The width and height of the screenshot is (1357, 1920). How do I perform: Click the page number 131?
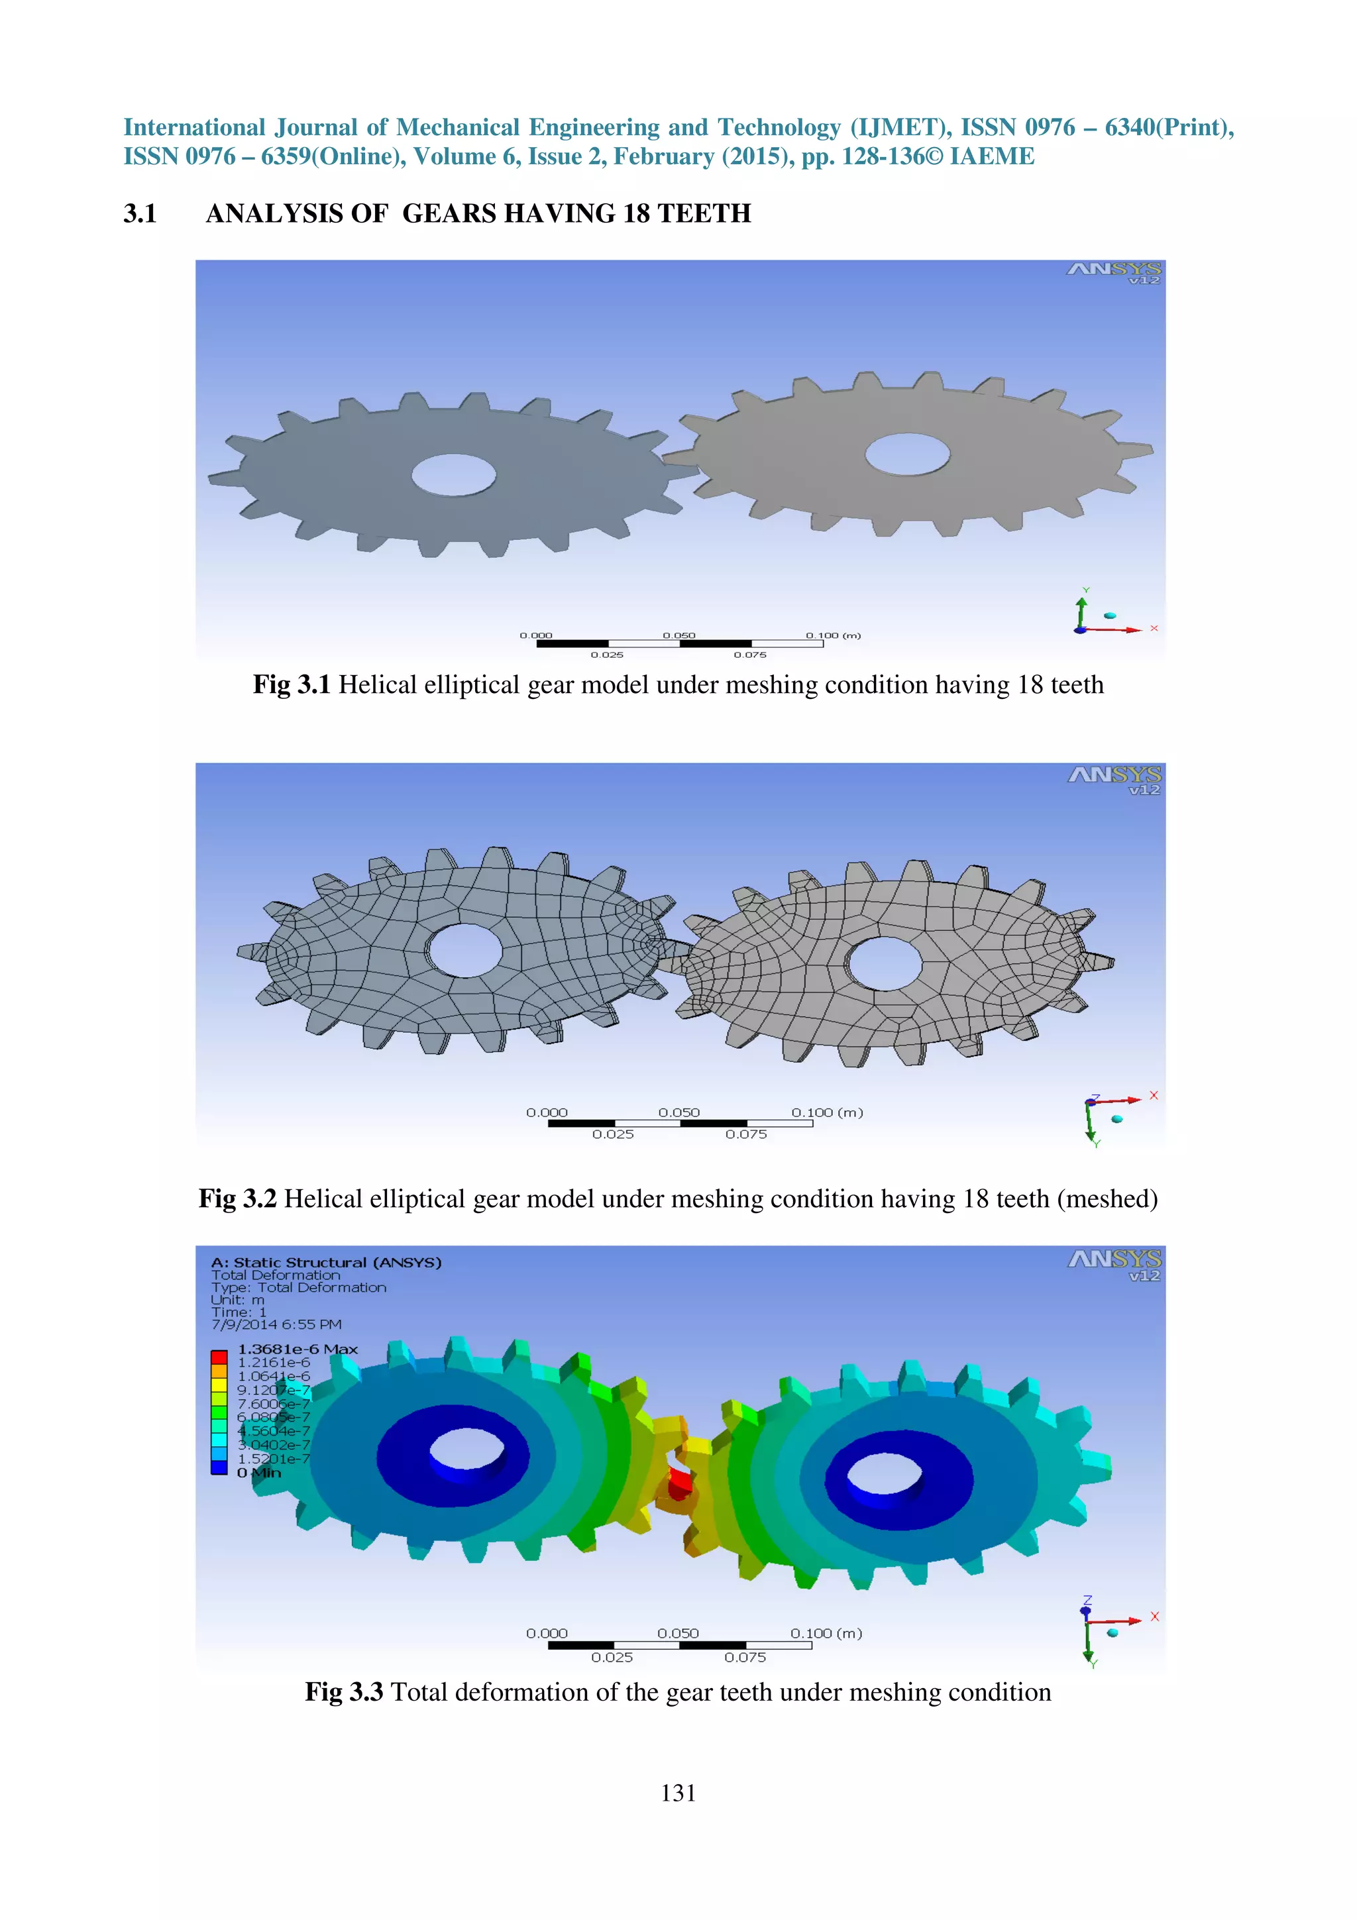(678, 1792)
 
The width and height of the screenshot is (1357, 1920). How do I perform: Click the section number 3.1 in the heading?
(140, 213)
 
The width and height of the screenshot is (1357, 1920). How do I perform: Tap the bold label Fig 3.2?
(237, 1199)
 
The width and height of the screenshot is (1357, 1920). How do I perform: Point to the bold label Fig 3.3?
(344, 1691)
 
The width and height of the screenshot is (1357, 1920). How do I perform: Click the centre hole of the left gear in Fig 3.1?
(454, 474)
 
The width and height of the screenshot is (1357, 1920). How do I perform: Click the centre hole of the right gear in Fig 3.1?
(907, 454)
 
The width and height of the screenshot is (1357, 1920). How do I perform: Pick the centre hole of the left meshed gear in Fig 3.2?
(464, 950)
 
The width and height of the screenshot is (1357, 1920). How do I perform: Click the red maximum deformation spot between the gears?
(679, 1483)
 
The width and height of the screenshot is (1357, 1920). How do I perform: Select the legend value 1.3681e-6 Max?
(298, 1349)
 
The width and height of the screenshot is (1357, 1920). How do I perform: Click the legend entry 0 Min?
(259, 1473)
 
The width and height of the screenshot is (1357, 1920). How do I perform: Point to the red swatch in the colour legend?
(219, 1356)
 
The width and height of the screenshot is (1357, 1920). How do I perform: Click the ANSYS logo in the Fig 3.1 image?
(1114, 272)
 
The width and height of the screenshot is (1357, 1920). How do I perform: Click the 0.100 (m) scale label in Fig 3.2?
(827, 1112)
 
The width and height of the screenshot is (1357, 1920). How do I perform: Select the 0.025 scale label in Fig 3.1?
(607, 655)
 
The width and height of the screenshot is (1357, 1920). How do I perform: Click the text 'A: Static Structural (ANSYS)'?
(326, 1262)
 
